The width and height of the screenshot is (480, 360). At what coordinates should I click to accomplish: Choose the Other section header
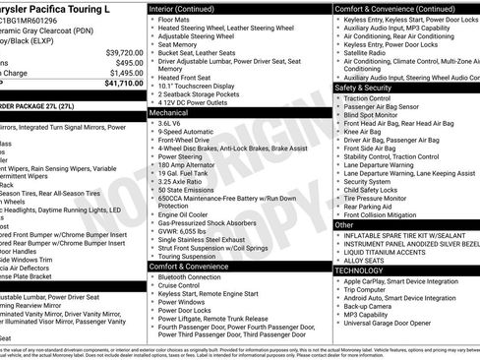pyautogui.click(x=344, y=225)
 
